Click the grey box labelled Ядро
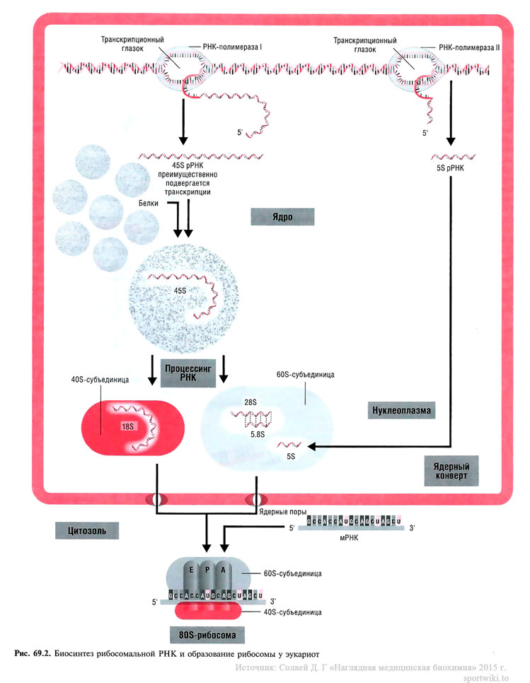click(282, 216)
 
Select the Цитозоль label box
click(86, 530)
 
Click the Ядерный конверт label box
click(451, 470)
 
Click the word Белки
click(151, 202)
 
